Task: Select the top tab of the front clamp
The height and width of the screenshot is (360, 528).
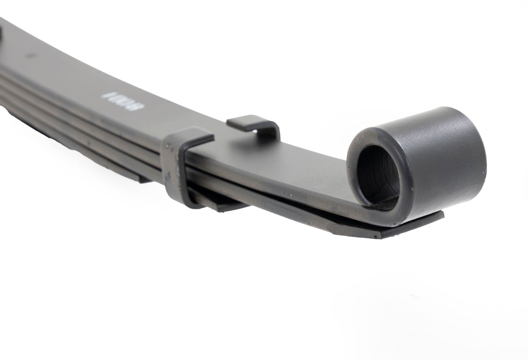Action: [195, 138]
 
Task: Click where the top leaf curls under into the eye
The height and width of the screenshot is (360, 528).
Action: [369, 214]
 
